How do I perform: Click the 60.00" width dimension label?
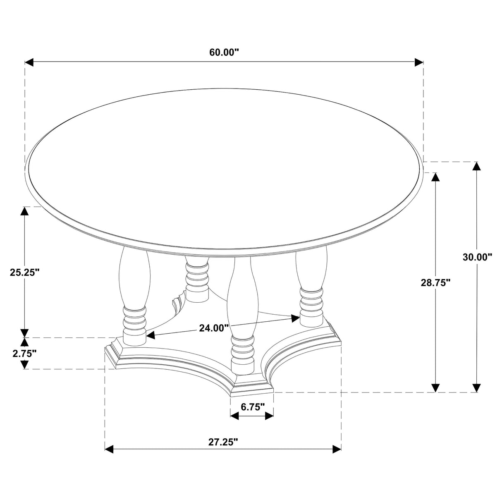(x=224, y=53)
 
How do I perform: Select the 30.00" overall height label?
(x=477, y=257)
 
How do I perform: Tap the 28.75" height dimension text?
(x=435, y=282)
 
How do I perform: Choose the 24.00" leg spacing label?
(x=214, y=328)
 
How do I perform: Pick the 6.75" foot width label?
(x=252, y=406)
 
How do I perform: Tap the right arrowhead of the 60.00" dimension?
(x=419, y=62)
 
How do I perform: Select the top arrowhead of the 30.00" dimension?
(x=477, y=166)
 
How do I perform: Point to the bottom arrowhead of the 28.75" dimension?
(x=435, y=387)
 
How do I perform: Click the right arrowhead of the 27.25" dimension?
(x=337, y=449)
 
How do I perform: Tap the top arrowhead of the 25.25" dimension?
(x=25, y=211)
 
